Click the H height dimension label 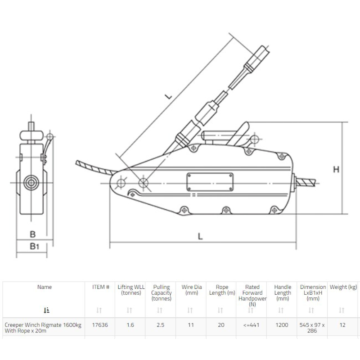(x=336, y=170)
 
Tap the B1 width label (x=35, y=246)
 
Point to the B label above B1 (x=33, y=234)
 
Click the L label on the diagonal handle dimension (x=169, y=96)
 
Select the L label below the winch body (x=200, y=236)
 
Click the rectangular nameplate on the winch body (x=210, y=182)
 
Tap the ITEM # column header (x=101, y=287)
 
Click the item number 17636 (x=100, y=325)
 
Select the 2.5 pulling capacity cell (x=161, y=325)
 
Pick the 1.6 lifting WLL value (x=130, y=325)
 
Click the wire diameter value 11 (x=191, y=325)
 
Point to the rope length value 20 (x=221, y=325)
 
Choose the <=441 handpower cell (x=251, y=325)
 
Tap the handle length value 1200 (x=282, y=325)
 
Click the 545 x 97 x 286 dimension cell (x=312, y=328)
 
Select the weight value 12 (x=342, y=325)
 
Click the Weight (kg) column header (x=343, y=287)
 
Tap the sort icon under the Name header (x=46, y=310)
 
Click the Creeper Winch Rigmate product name (x=43, y=328)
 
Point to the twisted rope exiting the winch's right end (x=306, y=181)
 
